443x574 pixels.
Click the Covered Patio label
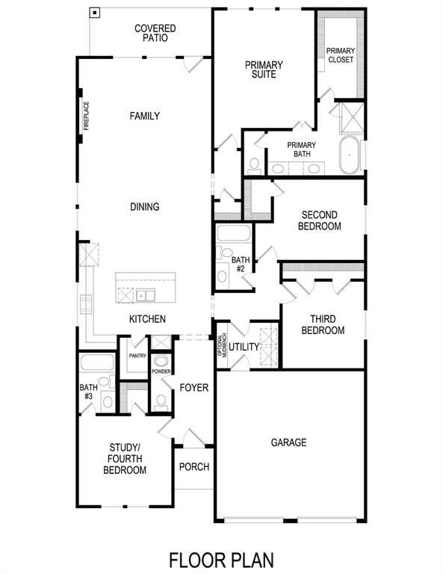(x=155, y=34)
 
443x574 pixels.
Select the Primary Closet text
(x=340, y=55)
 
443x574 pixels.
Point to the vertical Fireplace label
(x=86, y=116)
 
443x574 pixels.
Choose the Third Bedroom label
(x=323, y=324)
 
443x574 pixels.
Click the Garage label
(x=288, y=442)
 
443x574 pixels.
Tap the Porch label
(x=193, y=467)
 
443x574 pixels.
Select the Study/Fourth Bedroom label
(x=124, y=459)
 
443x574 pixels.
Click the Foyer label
(x=193, y=388)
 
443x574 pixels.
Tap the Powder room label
(x=161, y=371)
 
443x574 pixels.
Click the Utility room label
(x=244, y=347)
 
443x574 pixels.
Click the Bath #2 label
(x=241, y=264)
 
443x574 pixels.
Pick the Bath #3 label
(x=87, y=392)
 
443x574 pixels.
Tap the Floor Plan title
(x=221, y=559)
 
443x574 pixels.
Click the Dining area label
(x=144, y=206)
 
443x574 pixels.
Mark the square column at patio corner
(x=94, y=12)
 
